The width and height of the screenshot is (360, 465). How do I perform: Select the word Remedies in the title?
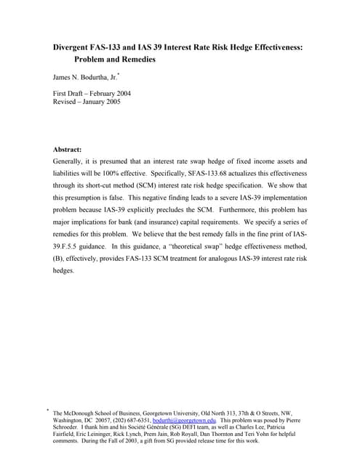pyautogui.click(x=135, y=59)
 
